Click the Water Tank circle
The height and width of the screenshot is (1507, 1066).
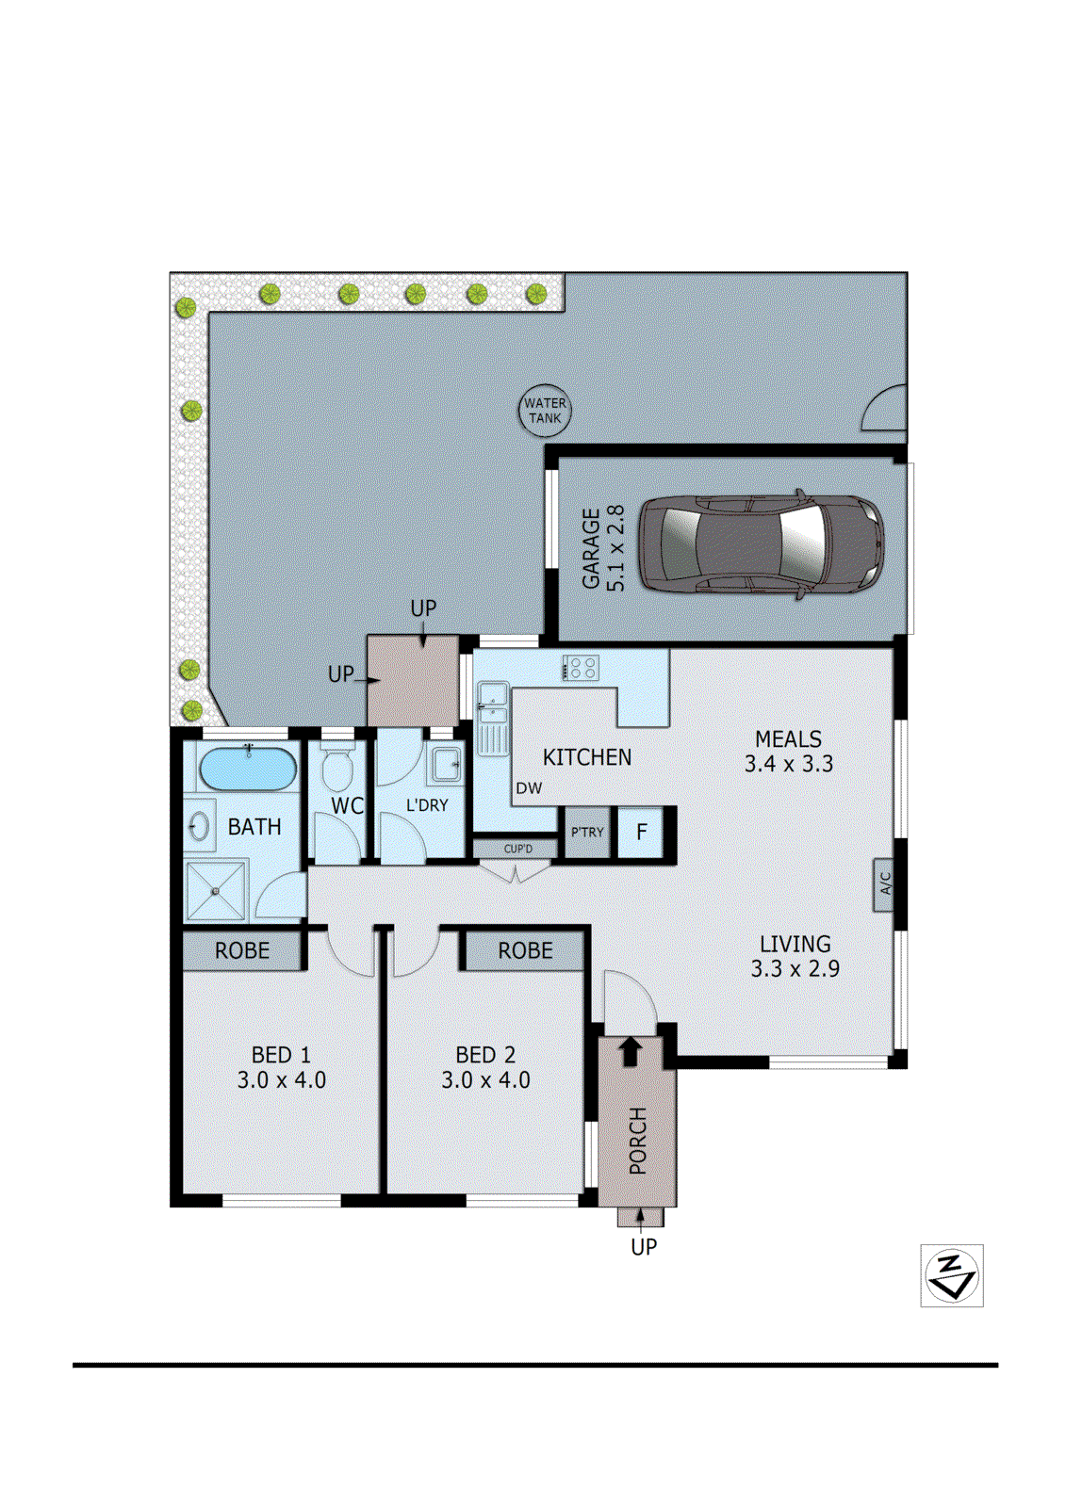[545, 411]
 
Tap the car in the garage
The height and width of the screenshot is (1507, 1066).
[762, 543]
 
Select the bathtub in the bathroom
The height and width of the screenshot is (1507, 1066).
[248, 769]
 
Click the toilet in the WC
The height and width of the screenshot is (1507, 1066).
[336, 769]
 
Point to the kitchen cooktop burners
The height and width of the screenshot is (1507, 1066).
[581, 668]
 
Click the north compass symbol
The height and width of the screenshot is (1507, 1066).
[951, 1275]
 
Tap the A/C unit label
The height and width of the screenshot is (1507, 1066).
[884, 885]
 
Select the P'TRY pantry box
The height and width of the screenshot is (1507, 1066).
[587, 833]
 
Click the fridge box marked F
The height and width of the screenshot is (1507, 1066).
[642, 833]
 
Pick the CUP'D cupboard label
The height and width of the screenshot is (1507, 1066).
[517, 849]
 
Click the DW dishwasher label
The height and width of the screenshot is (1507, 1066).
[529, 788]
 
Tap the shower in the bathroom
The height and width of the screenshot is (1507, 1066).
[216, 890]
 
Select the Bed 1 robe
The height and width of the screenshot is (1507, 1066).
[242, 950]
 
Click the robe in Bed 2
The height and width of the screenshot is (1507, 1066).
[525, 950]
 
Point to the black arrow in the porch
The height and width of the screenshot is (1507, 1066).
[631, 1050]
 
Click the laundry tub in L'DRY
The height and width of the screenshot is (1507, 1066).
[447, 764]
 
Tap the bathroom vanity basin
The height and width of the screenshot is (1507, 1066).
[199, 827]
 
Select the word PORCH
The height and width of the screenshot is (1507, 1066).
[638, 1141]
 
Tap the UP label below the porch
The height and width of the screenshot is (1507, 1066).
[644, 1247]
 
